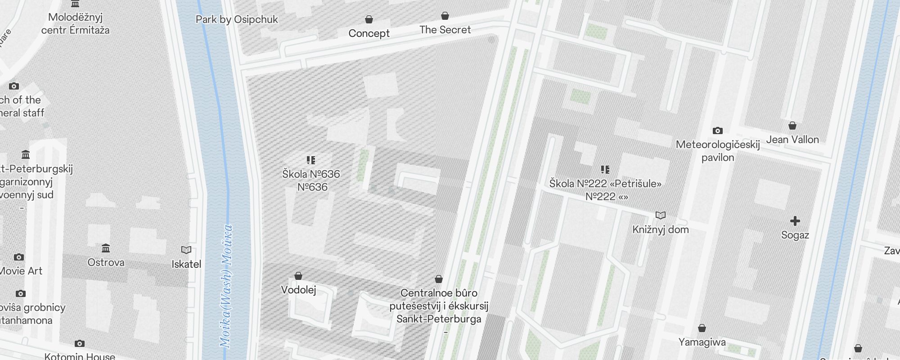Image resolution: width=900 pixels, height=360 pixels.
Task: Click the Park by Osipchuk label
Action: (237, 19)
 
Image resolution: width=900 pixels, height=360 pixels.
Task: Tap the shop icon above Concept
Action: (369, 19)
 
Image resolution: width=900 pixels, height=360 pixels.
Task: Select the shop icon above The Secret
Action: (445, 16)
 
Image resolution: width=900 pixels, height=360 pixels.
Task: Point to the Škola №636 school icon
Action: (311, 160)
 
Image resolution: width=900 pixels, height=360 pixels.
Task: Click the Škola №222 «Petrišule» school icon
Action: (605, 169)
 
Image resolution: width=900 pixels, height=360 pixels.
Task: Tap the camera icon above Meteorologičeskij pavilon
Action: (718, 131)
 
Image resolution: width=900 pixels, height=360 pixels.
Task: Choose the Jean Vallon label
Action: (792, 139)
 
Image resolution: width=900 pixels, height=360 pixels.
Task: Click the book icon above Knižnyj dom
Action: (660, 216)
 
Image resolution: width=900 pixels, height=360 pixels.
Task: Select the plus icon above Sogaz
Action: (795, 221)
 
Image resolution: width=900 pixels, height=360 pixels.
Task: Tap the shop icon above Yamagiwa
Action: (702, 328)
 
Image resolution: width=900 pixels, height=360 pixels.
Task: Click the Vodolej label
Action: (298, 290)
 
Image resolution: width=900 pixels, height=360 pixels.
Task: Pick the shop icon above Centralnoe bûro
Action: (439, 279)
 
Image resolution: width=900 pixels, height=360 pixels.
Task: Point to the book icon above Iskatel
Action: (186, 250)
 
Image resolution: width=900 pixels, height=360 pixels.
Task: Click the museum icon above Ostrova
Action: (106, 248)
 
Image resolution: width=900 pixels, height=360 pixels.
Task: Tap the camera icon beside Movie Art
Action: (19, 257)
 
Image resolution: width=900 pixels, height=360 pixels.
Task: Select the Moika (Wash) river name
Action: (226, 286)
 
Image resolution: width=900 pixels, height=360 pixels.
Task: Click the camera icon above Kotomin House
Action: (80, 344)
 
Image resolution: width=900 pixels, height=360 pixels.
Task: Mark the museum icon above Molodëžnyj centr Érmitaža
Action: (75, 4)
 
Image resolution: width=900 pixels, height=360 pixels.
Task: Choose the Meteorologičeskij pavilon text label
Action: (718, 151)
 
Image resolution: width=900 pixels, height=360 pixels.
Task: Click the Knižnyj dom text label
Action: (660, 229)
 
